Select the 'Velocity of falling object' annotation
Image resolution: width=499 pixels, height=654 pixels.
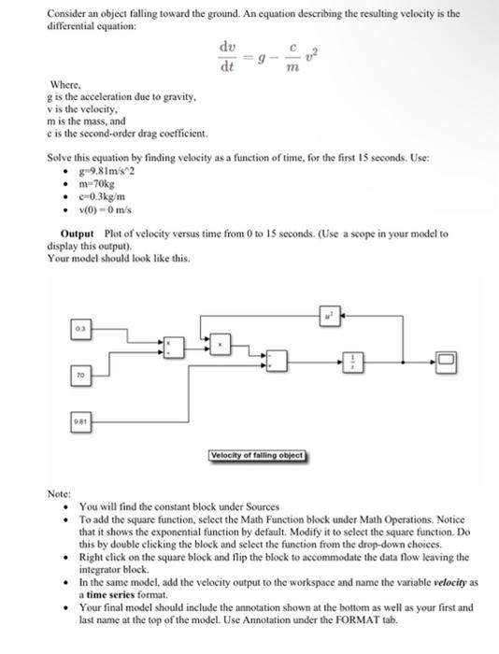(259, 455)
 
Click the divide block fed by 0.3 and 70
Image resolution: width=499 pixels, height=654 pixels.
(169, 348)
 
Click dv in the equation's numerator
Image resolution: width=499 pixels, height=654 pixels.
(227, 47)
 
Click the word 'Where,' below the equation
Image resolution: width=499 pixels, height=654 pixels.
(63, 83)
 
